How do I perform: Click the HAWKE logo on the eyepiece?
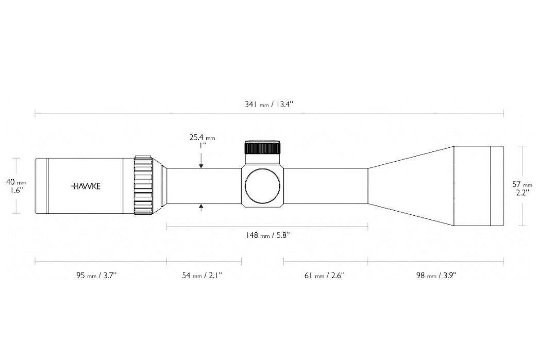(x=86, y=186)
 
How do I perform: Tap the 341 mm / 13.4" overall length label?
(x=268, y=104)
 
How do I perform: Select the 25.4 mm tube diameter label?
(x=202, y=138)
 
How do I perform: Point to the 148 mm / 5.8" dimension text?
(x=267, y=235)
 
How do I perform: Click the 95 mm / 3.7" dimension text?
(x=96, y=276)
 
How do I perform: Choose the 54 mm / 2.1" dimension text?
(x=202, y=276)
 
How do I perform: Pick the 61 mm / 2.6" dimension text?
(x=324, y=276)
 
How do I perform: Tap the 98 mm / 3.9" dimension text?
(x=436, y=276)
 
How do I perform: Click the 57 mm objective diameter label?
(x=522, y=184)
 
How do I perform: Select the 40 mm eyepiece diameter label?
(x=16, y=182)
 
